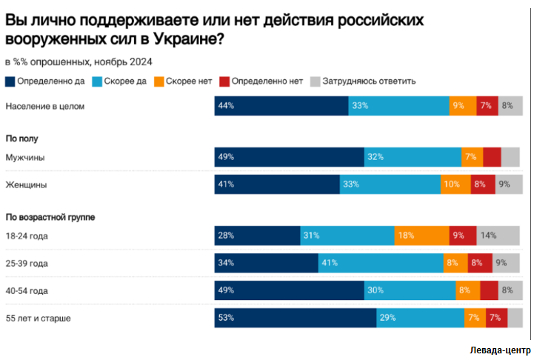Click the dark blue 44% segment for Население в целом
[x=281, y=106]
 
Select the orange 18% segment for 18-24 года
[x=421, y=236]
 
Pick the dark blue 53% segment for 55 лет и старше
[x=296, y=318]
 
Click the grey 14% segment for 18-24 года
[x=499, y=236]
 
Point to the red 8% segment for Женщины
[x=483, y=184]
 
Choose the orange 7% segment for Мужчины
[x=472, y=157]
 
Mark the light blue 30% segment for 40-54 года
[x=409, y=290]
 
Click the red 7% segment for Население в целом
[x=487, y=106]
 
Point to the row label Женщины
[x=26, y=184]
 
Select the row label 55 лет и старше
[x=42, y=318]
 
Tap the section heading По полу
[x=21, y=138]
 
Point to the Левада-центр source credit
[x=500, y=350]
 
